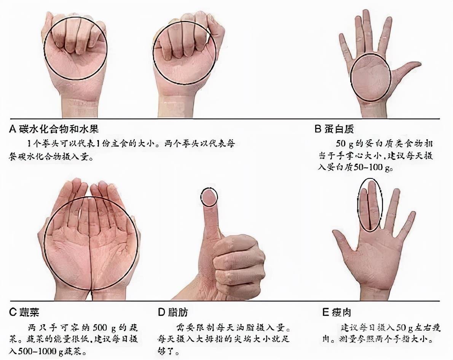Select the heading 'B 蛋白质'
pyautogui.click(x=334, y=129)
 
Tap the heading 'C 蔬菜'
pyautogui.click(x=24, y=312)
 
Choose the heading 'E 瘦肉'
pyautogui.click(x=337, y=312)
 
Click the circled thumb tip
pyautogui.click(x=209, y=197)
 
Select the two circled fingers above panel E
pyautogui.click(x=370, y=205)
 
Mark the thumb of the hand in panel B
pyautogui.click(x=409, y=68)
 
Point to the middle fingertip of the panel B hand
pyautogui.click(x=366, y=17)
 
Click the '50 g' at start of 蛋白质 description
pyautogui.click(x=345, y=145)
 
